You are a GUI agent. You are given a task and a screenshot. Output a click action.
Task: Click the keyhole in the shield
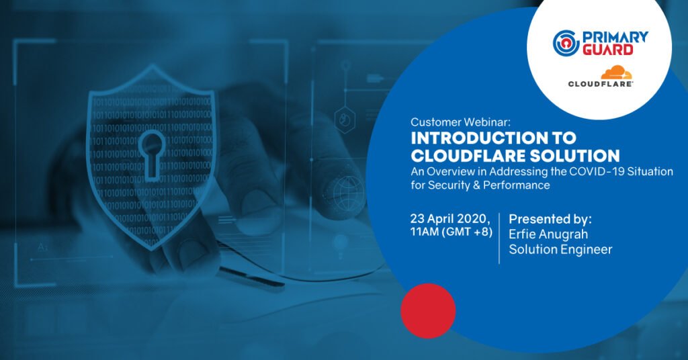pos(152,154)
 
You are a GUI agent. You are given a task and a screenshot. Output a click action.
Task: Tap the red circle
pos(428,310)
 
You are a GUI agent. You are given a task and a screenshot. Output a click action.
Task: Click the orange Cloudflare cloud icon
pos(617,73)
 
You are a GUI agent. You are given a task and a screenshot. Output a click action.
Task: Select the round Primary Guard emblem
pos(566,43)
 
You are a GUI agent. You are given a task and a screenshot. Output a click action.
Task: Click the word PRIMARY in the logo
pos(615,37)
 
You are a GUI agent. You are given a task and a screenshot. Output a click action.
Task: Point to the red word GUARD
pos(607,50)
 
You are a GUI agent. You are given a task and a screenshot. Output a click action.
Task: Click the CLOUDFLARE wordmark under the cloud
pos(600,84)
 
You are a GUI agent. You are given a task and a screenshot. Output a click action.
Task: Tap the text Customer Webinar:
pos(461,122)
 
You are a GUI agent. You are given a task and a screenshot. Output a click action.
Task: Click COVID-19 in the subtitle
pos(597,171)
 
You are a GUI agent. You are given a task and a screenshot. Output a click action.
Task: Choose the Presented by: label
pos(550,219)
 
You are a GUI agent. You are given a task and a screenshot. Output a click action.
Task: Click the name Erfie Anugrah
pos(548,234)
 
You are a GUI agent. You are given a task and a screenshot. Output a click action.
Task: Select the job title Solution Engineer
pos(560,249)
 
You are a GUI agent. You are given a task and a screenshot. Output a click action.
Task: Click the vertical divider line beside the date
pos(499,238)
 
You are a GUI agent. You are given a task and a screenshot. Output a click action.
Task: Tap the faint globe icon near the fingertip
pos(349,191)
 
